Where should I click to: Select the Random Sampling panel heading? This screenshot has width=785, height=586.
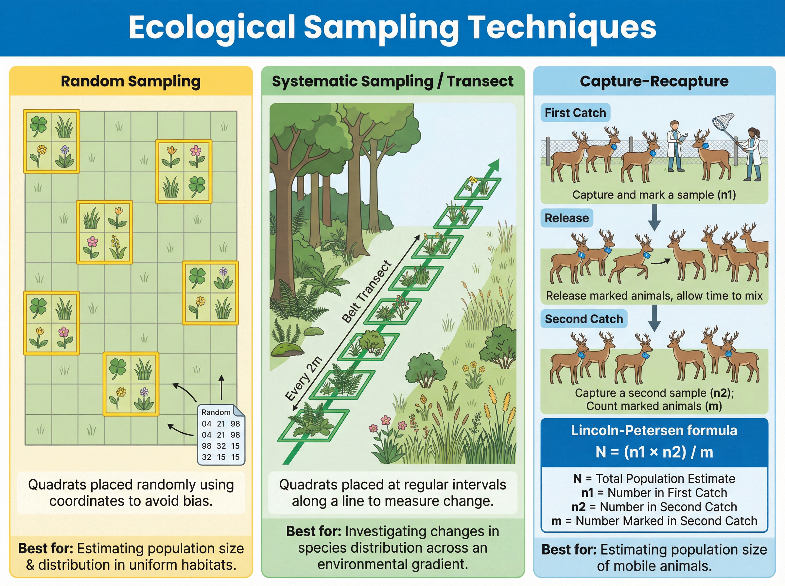click(x=131, y=81)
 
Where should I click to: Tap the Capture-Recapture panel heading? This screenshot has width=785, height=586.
click(x=654, y=81)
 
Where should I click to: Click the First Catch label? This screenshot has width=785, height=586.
click(x=575, y=113)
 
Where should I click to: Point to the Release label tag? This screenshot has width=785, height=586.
click(x=567, y=218)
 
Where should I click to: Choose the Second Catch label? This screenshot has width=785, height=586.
click(x=584, y=319)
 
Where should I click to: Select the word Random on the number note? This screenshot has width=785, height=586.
click(x=216, y=412)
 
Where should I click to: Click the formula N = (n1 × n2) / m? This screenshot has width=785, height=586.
click(x=654, y=452)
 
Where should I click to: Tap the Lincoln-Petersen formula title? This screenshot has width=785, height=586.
click(x=654, y=430)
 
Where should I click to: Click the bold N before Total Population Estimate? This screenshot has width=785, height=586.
click(x=578, y=479)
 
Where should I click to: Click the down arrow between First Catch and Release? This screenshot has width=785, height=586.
click(x=654, y=217)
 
